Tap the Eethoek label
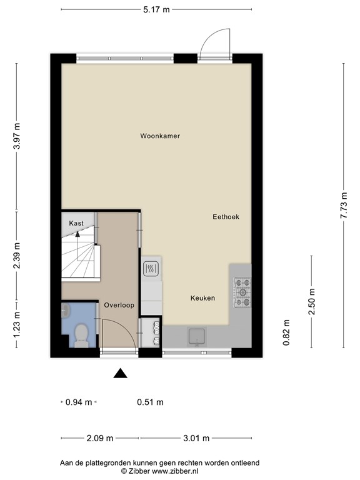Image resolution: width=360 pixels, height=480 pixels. click(x=226, y=217)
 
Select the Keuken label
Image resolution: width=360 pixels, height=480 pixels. click(x=202, y=298)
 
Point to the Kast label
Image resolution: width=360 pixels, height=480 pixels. click(x=76, y=223)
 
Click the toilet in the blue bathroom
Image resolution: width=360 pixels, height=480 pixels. click(x=80, y=336)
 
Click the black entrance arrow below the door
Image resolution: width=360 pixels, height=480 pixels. click(x=120, y=374)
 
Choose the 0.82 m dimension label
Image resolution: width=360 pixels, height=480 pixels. click(x=286, y=332)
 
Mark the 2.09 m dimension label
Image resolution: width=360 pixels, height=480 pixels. click(x=100, y=437)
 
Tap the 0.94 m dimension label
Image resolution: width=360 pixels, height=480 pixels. click(x=79, y=402)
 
